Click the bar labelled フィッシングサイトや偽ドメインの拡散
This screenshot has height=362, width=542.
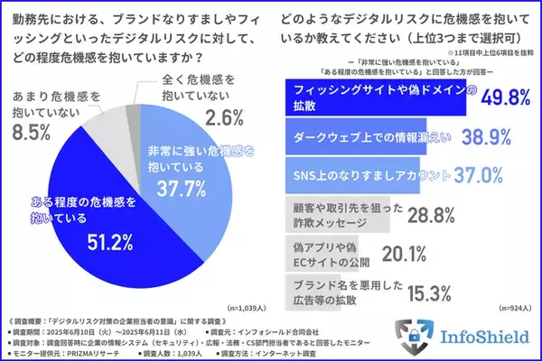point(375,97)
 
